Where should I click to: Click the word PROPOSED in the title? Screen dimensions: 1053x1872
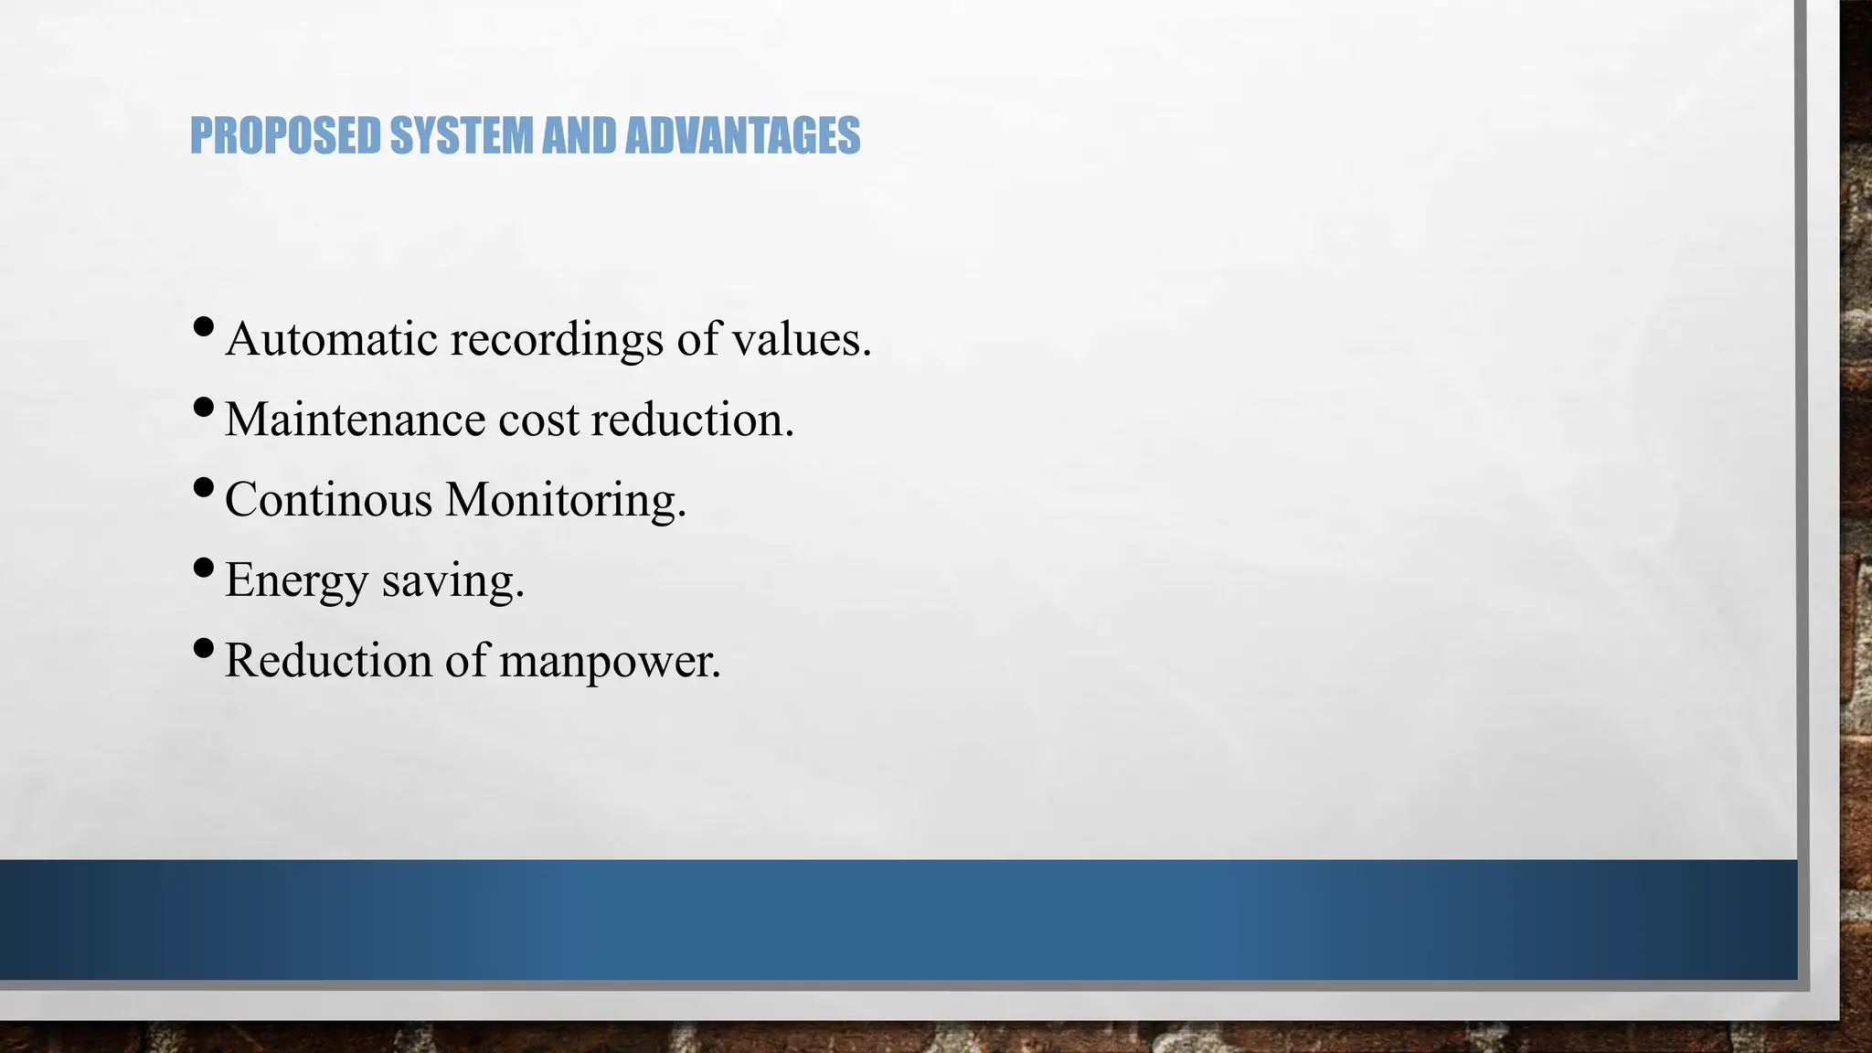point(284,136)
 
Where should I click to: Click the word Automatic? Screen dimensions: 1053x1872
point(332,339)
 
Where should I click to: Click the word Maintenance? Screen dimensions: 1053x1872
point(355,420)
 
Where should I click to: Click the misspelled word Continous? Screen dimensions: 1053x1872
point(328,500)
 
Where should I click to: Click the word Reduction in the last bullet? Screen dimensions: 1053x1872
point(328,661)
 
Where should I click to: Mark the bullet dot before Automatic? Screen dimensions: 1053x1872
point(205,325)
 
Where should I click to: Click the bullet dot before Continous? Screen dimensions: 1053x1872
point(205,486)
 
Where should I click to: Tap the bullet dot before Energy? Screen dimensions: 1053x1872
point(205,568)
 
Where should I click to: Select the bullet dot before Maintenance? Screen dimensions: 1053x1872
point(205,406)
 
